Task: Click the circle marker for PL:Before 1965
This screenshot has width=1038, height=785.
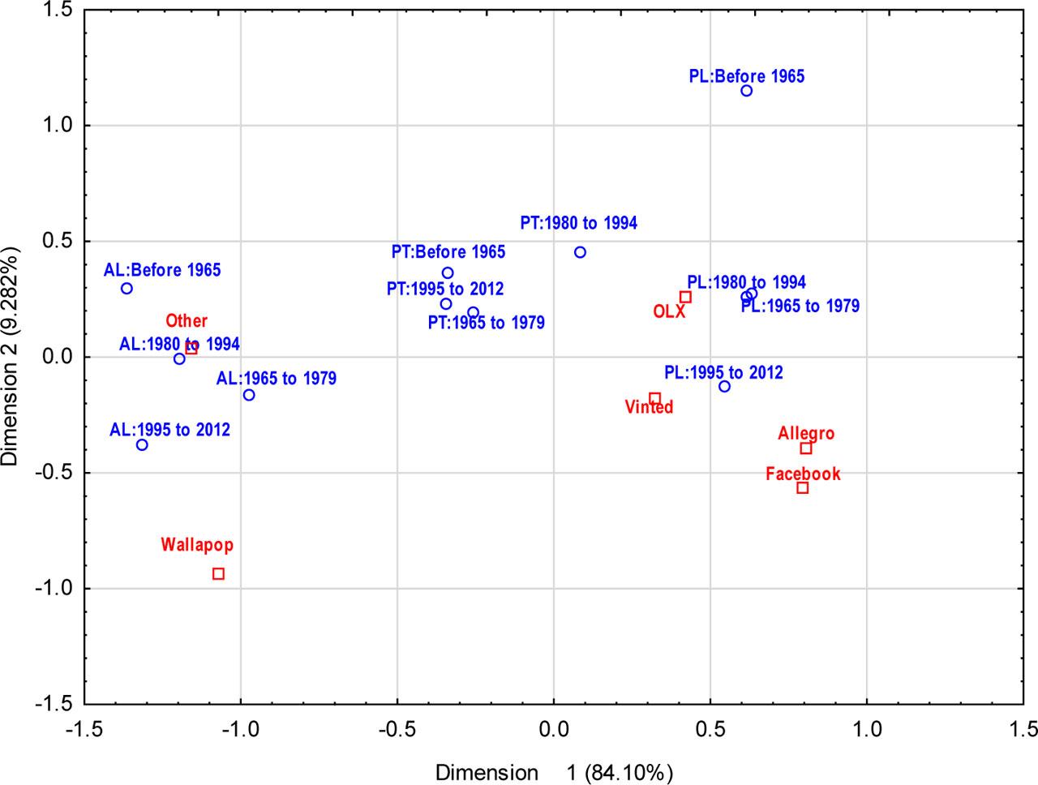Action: pyautogui.click(x=746, y=91)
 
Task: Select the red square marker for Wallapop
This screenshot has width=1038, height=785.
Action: pyautogui.click(x=218, y=574)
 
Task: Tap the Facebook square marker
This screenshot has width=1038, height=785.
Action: pyautogui.click(x=803, y=487)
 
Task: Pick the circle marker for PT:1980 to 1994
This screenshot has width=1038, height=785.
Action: pyautogui.click(x=580, y=252)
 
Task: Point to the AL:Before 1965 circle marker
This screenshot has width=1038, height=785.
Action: pyautogui.click(x=127, y=288)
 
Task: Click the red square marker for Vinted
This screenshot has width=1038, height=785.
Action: pyautogui.click(x=654, y=398)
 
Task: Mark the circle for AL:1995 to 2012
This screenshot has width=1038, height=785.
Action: pyautogui.click(x=142, y=444)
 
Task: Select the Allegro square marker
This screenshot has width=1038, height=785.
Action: pyautogui.click(x=806, y=448)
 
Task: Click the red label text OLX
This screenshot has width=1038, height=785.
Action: pyautogui.click(x=669, y=311)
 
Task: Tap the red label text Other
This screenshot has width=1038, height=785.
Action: pyautogui.click(x=187, y=321)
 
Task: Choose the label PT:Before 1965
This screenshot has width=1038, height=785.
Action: pyautogui.click(x=448, y=252)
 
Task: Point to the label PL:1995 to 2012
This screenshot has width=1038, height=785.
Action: pyautogui.click(x=723, y=373)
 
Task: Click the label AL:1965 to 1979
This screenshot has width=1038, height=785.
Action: pyautogui.click(x=276, y=379)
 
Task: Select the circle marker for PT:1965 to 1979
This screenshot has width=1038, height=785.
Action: pyautogui.click(x=473, y=312)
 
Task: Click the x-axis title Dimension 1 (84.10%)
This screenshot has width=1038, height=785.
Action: pyautogui.click(x=554, y=773)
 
